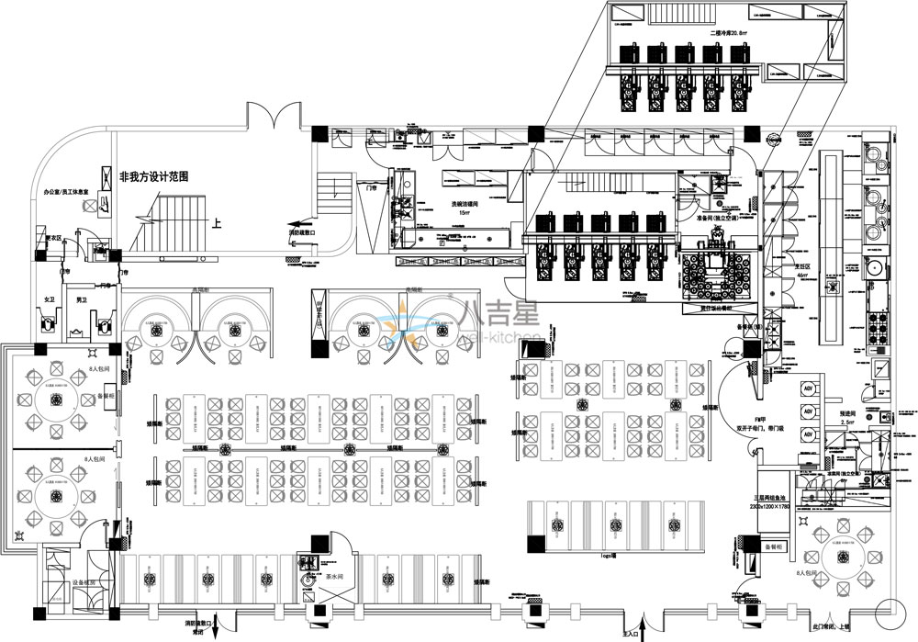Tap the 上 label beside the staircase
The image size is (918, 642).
point(217,222)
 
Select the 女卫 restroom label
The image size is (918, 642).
point(50,300)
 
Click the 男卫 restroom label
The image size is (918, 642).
point(82,300)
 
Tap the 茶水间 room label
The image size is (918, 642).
point(334,576)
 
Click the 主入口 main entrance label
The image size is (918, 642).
point(631,634)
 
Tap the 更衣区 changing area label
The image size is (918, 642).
point(53,239)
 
